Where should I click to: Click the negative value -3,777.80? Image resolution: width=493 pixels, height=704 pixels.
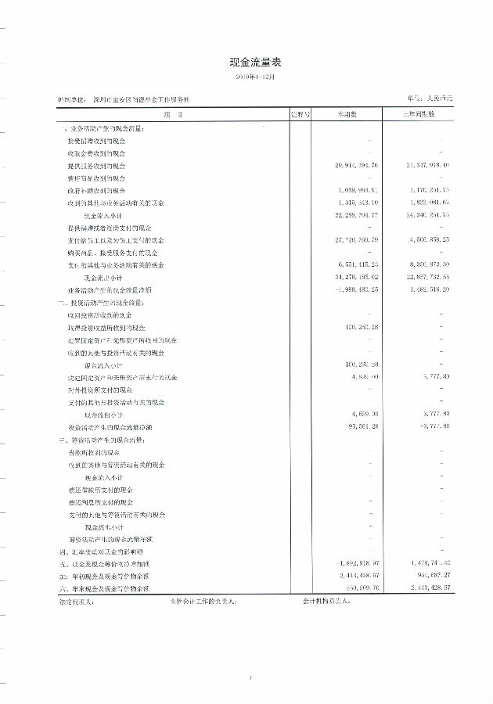pyautogui.click(x=431, y=426)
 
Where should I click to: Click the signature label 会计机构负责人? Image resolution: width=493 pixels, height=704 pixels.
pyautogui.click(x=326, y=602)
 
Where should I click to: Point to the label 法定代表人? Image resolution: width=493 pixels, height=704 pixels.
pyautogui.click(x=75, y=602)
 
